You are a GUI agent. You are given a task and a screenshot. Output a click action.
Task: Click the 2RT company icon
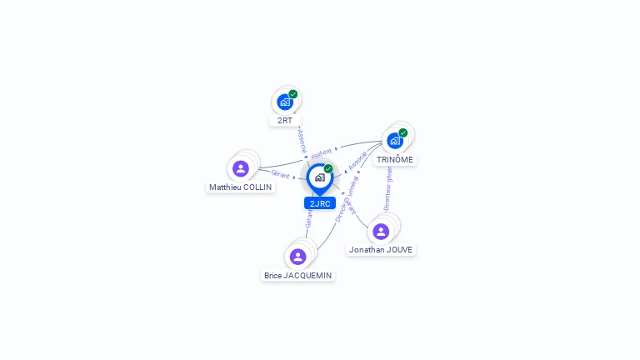pos(285,102)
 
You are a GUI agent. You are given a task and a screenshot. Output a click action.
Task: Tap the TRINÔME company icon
pos(394,141)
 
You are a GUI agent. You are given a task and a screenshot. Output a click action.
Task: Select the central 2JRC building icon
pos(319,177)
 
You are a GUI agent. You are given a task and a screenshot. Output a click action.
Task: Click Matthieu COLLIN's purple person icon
pos(241,168)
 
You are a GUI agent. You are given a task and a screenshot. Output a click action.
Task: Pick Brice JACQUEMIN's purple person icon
pos(297,256)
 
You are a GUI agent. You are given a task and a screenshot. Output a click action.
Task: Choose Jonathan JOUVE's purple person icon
pos(381,231)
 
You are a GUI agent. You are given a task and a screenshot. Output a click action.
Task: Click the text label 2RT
pos(285,120)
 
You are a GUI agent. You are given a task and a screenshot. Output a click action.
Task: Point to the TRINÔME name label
pos(394,159)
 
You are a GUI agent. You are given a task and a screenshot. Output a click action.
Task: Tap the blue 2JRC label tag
pos(320,203)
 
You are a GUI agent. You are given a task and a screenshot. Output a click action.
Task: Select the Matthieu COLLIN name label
pos(241,187)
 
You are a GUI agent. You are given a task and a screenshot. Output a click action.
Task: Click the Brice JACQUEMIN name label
pos(297,275)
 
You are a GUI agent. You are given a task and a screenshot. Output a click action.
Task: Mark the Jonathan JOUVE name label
pos(381,249)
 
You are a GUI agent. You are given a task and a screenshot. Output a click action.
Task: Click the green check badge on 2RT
pos(293,94)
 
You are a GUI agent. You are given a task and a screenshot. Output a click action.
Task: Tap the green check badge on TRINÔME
pos(403,132)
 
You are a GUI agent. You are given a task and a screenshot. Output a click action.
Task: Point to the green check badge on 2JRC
pos(328,168)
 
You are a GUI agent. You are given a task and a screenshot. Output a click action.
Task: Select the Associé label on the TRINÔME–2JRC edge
pos(357,161)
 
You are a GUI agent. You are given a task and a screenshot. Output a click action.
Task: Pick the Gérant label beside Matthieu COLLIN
pos(281,174)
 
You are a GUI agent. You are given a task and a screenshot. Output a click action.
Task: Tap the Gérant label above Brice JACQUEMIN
pos(309,218)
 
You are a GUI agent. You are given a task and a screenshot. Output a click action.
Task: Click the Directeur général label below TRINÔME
pos(387,188)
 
